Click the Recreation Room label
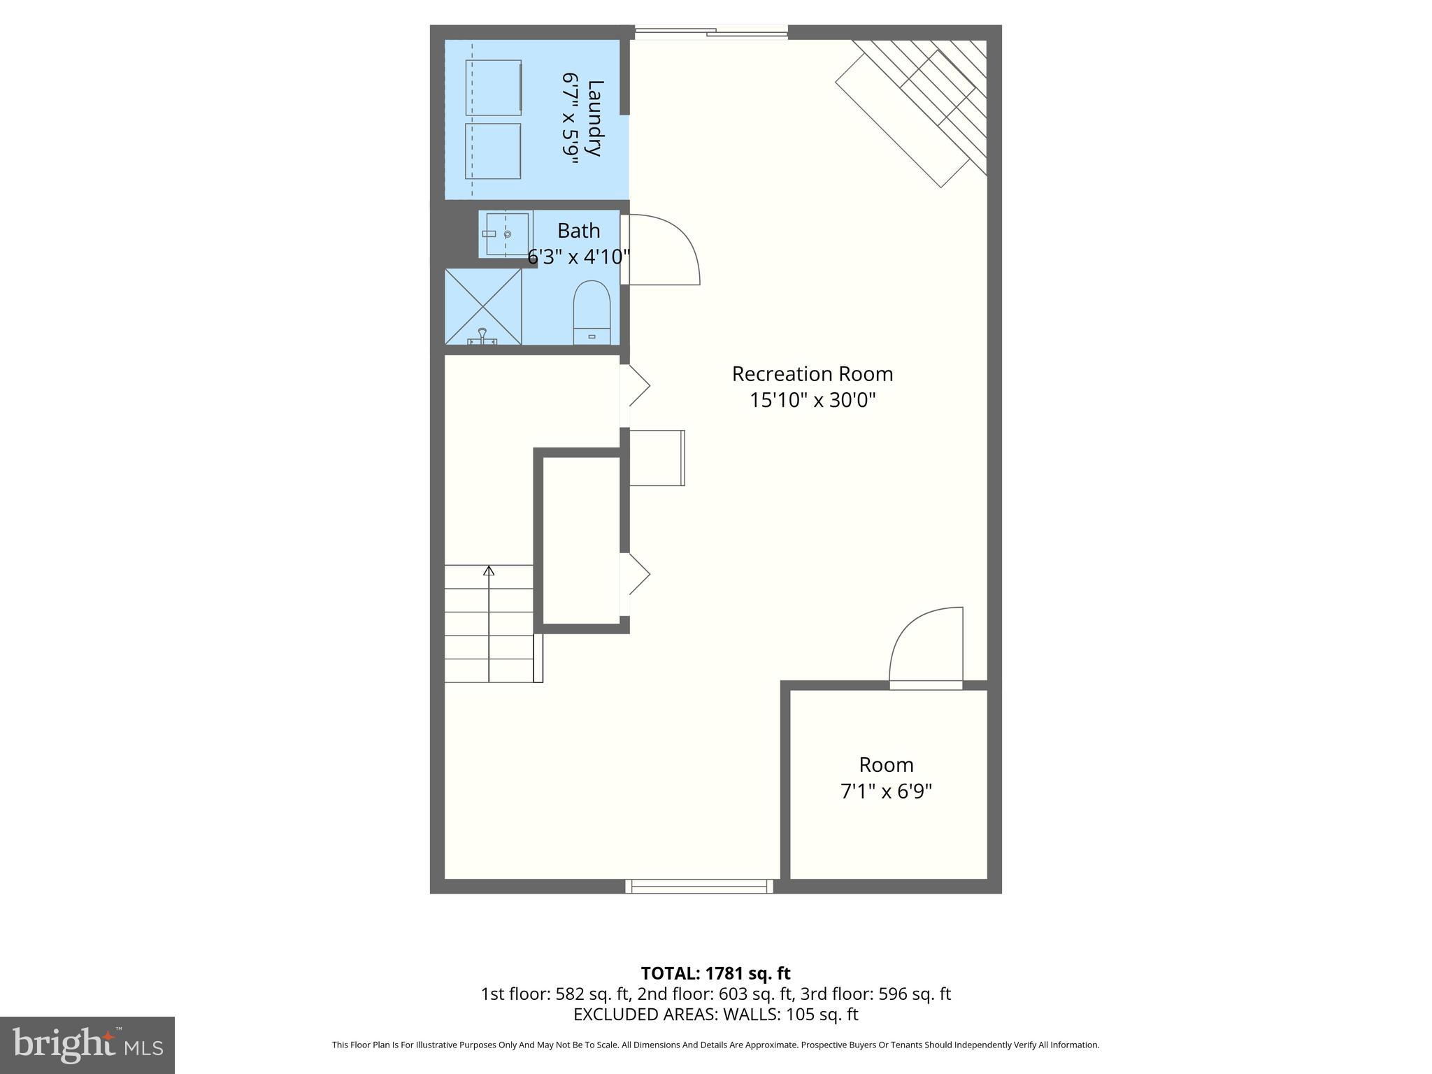tap(812, 374)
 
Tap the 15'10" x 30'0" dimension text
tap(812, 401)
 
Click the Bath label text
tap(578, 231)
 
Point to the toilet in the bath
tap(592, 313)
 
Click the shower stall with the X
tap(483, 306)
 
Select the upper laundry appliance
tap(494, 87)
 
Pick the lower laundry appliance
tap(492, 151)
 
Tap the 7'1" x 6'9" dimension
tap(886, 792)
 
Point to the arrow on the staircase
tap(489, 571)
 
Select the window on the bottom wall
tap(699, 886)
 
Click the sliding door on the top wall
tap(711, 31)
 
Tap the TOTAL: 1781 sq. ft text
tap(715, 973)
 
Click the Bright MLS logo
tap(87, 1045)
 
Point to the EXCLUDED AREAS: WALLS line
tap(715, 1014)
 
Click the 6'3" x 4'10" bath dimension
tap(578, 257)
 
